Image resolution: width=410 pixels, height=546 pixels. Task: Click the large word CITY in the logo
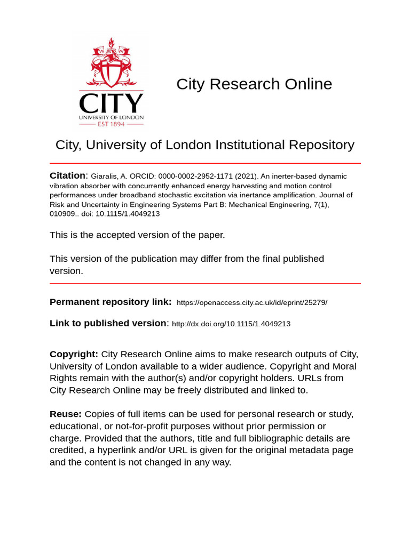111,103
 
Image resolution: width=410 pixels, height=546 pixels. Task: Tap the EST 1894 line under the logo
111,124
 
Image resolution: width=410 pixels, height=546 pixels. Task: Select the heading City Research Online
254,84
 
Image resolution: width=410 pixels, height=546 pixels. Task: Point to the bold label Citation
67,175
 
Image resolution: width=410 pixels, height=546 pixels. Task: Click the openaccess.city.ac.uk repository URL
251,302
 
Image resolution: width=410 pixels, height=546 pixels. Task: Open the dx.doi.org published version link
231,324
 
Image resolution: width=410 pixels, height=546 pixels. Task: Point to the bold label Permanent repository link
111,302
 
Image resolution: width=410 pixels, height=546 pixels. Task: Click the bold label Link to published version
108,323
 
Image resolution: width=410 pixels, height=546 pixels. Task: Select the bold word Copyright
74,354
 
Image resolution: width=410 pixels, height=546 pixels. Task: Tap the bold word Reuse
66,414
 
